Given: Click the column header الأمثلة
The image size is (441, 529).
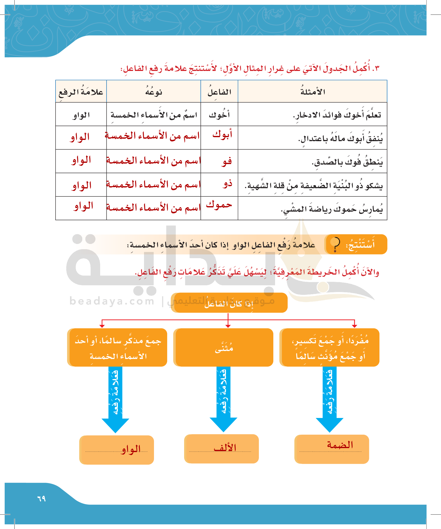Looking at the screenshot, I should click(x=312, y=92).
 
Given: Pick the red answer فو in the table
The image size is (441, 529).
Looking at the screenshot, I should click(x=227, y=161).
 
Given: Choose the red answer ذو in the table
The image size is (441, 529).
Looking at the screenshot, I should click(x=227, y=184).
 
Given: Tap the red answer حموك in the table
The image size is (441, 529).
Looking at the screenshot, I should click(x=219, y=205).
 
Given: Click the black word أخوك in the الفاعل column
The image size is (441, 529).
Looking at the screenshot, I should click(x=219, y=115).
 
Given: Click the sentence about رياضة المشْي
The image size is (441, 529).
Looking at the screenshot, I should click(x=332, y=209).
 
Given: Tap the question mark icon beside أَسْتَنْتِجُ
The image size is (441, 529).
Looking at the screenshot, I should click(x=336, y=244).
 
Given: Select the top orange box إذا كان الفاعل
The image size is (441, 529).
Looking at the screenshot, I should click(x=229, y=302).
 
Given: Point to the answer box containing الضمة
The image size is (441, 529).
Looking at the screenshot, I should click(x=332, y=449).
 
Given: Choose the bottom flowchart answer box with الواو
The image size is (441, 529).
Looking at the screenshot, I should click(x=117, y=450).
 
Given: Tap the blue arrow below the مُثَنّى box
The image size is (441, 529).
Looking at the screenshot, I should click(x=223, y=398).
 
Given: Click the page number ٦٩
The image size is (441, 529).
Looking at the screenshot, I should click(x=41, y=498).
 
